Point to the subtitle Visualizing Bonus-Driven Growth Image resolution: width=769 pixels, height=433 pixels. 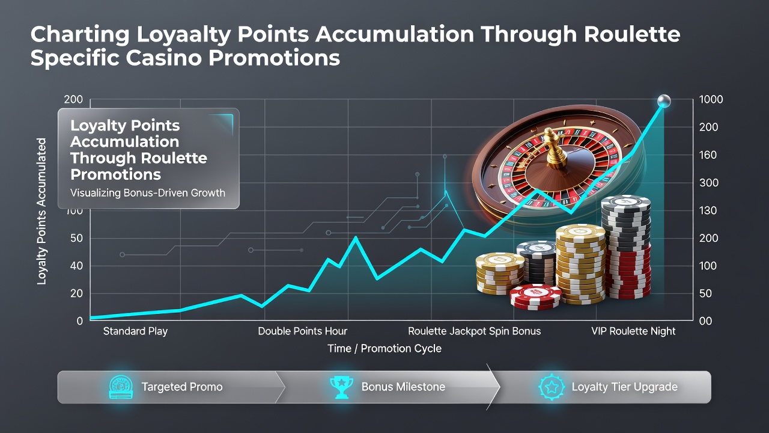[x=148, y=193]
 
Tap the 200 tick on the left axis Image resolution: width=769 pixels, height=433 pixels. [x=73, y=99]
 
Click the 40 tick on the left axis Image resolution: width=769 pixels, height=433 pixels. [x=76, y=266]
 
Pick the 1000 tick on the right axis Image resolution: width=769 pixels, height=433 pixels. [x=711, y=99]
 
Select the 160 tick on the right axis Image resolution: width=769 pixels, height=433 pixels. [x=708, y=155]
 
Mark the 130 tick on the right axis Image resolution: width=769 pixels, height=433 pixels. [x=708, y=210]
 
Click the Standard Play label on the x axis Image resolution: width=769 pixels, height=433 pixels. [x=135, y=331]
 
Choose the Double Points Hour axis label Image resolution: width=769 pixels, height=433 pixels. [x=302, y=331]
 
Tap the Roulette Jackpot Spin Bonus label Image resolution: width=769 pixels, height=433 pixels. [x=474, y=331]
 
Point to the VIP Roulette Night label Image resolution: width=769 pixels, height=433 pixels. [x=633, y=331]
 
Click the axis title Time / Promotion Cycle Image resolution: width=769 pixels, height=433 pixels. [x=384, y=348]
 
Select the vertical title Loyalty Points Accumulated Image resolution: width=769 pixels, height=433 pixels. [x=41, y=211]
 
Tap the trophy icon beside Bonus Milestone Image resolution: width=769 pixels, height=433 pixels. [x=341, y=387]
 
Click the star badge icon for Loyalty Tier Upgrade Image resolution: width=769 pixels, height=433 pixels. [x=552, y=387]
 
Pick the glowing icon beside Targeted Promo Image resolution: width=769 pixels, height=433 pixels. [x=121, y=387]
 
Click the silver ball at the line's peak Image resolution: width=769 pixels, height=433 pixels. [x=664, y=101]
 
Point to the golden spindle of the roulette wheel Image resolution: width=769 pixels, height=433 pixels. [x=553, y=149]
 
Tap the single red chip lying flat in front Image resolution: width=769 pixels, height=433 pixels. [x=535, y=297]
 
